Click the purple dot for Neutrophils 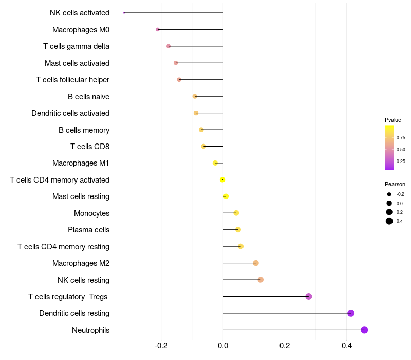click(x=364, y=330)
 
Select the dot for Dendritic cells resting click(x=351, y=313)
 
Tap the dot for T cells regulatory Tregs click(x=309, y=297)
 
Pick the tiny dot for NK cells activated click(x=124, y=13)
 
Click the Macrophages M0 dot click(x=158, y=30)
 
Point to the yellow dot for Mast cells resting click(x=226, y=196)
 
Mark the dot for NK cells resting click(x=260, y=280)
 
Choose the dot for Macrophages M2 click(x=256, y=263)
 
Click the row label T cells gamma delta click(x=76, y=46)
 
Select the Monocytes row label click(x=92, y=213)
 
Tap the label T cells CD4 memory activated click(x=60, y=180)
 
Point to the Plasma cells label click(x=88, y=230)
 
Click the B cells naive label click(x=88, y=97)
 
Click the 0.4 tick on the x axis click(x=346, y=346)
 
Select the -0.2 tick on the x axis click(x=161, y=346)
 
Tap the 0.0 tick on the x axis click(x=223, y=346)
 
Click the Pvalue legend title click(x=393, y=120)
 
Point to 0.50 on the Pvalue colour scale click(x=401, y=150)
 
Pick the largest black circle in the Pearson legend click(x=389, y=221)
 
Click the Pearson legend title click(x=395, y=184)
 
